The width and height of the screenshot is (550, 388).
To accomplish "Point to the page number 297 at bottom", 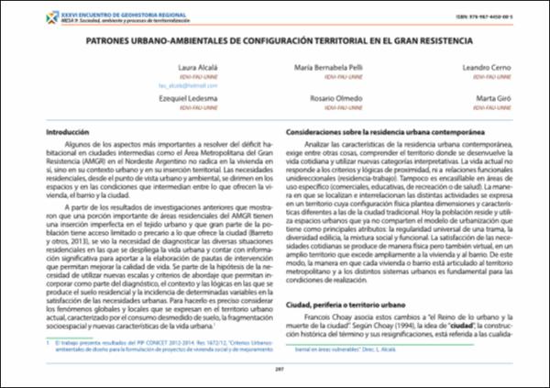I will tap(274, 371).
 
